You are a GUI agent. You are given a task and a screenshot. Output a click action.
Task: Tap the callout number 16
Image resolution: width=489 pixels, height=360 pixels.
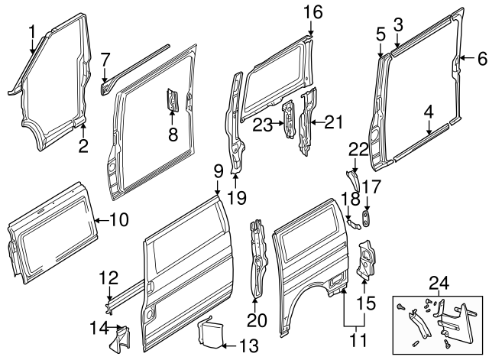(313, 11)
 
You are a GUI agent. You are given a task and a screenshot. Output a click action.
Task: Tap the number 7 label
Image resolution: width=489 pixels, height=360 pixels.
(106, 57)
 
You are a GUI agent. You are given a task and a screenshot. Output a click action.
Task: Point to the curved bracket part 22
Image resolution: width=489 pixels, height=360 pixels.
(354, 180)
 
